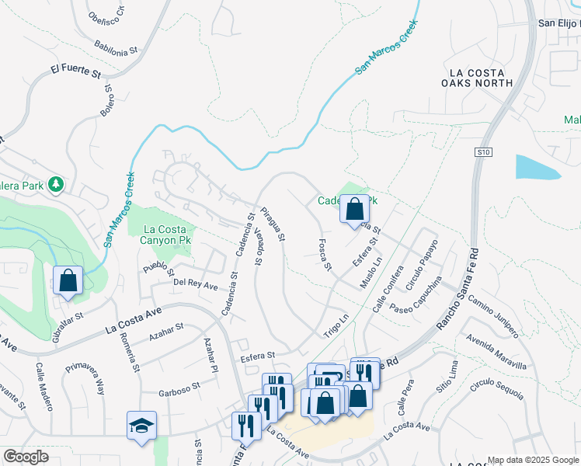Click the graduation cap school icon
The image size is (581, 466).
point(142,426)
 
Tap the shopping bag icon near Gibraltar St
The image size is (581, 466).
point(68,280)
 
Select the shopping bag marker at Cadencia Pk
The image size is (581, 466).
point(354,209)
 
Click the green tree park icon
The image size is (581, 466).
point(55,185)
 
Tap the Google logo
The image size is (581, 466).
point(26,457)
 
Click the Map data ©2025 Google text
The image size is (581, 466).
point(533,460)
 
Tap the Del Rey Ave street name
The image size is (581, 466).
point(196,283)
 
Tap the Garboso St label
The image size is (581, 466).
point(179,384)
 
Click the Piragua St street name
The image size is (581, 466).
point(273,222)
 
